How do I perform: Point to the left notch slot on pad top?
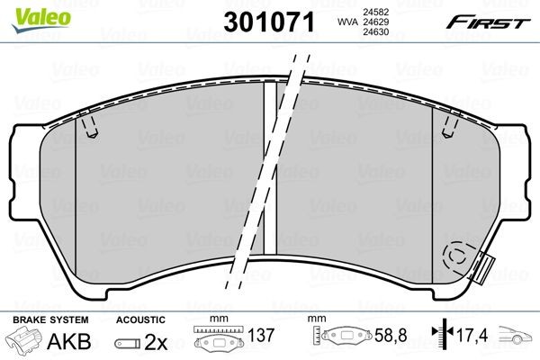point(88,128)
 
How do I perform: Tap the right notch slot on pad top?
point(447,128)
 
